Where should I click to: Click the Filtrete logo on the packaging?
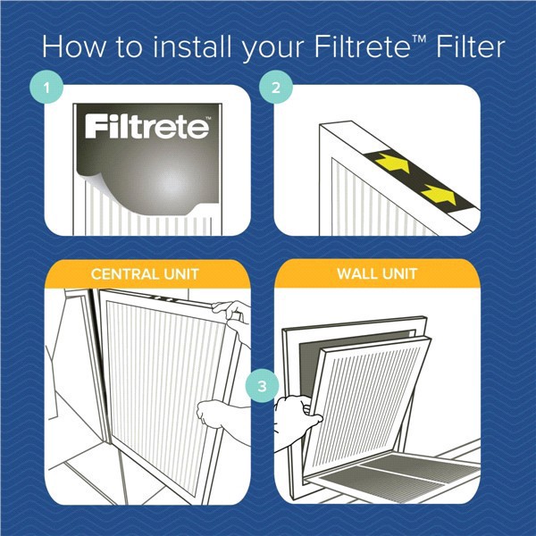[x=147, y=128]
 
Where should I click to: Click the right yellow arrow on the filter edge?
[x=435, y=191]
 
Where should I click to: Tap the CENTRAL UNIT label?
[x=145, y=275]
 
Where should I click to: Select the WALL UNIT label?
[x=377, y=275]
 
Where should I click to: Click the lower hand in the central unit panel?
[x=220, y=415]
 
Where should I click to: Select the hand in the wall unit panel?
[x=297, y=416]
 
